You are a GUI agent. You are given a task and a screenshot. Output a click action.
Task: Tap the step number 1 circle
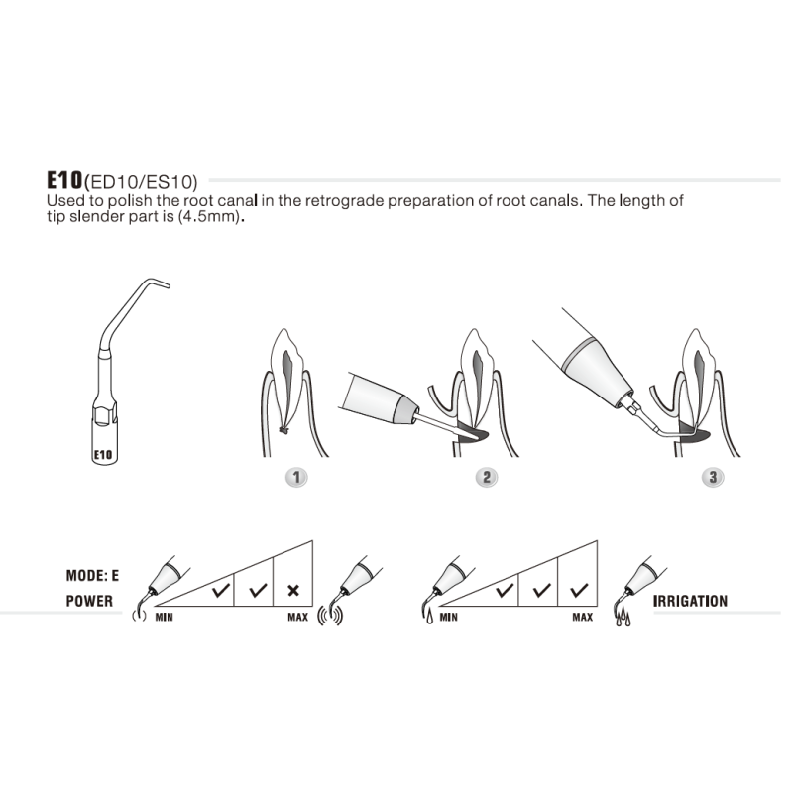click(294, 477)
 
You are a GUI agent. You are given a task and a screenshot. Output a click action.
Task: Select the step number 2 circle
click(486, 477)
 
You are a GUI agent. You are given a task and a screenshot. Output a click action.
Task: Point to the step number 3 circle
click(711, 477)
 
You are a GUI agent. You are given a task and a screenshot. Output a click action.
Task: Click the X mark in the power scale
click(293, 590)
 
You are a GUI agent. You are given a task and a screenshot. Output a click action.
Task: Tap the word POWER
click(89, 601)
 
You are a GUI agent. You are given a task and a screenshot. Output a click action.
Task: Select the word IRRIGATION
click(690, 601)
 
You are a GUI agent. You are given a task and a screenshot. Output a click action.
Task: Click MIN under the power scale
click(166, 617)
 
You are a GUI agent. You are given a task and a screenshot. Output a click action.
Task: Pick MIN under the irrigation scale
click(448, 617)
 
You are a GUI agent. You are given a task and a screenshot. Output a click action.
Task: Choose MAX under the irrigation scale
click(582, 617)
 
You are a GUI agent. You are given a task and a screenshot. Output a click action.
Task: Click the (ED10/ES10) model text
click(142, 182)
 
